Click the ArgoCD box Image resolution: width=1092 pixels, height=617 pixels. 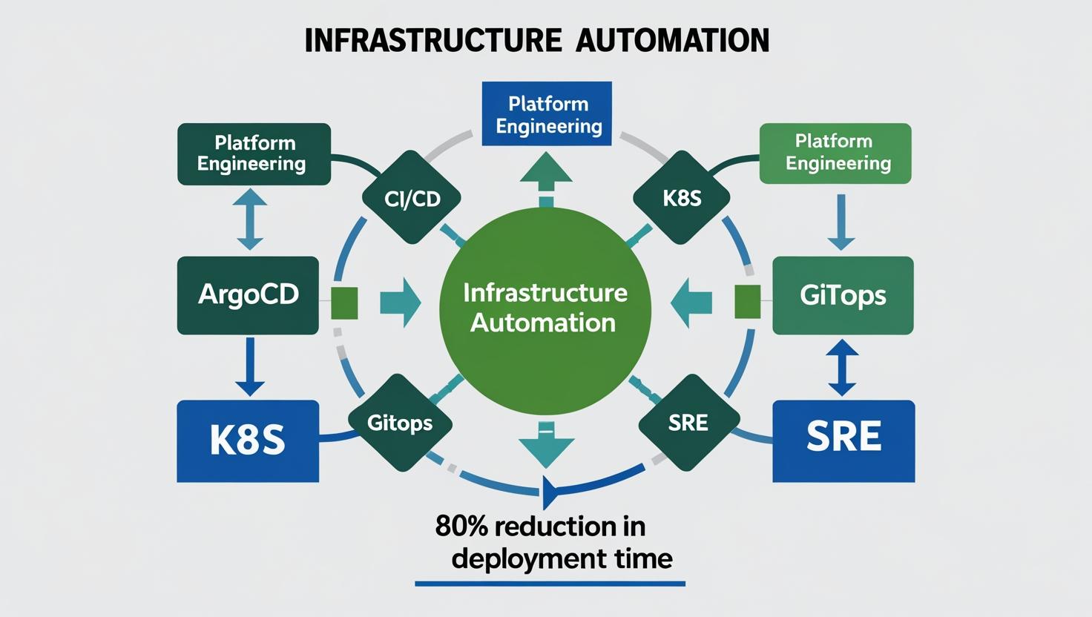pos(248,295)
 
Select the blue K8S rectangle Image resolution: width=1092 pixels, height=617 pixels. pos(248,441)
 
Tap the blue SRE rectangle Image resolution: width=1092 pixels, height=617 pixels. pos(843,441)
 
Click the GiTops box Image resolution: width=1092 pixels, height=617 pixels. pos(843,295)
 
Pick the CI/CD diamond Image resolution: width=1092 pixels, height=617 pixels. pos(412,198)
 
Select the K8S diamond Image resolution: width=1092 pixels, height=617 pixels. pos(682,198)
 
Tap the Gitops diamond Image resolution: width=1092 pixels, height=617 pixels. pos(400,423)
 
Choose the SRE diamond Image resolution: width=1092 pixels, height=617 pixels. pos(688,423)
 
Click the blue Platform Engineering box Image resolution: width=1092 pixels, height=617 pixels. pos(547,114)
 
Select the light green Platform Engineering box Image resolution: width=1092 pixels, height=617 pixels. pos(836,153)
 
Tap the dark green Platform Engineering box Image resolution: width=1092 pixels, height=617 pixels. pos(253,154)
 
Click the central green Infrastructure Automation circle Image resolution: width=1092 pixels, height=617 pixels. pos(545,308)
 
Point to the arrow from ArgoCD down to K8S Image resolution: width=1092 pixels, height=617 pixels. pos(249,367)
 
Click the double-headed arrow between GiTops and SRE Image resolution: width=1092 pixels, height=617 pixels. pos(842,368)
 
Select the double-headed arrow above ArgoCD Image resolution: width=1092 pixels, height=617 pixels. pos(250,218)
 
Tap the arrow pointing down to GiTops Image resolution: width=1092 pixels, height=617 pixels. pos(841,222)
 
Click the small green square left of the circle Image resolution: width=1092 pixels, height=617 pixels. pos(344,303)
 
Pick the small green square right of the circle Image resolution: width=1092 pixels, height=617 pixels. pos(747,301)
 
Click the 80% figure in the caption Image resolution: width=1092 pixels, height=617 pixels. pos(461,527)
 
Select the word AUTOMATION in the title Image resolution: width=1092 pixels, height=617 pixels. pos(673,40)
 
